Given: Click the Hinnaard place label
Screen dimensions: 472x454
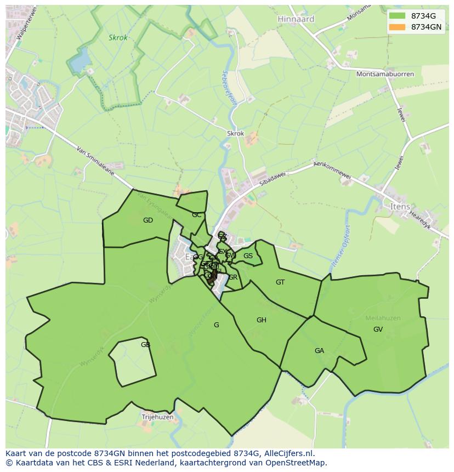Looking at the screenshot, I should (296, 19).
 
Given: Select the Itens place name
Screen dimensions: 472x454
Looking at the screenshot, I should (400, 206).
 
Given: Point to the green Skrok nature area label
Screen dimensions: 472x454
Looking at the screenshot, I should (118, 38).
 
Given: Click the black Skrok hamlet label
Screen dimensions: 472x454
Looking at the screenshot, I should (235, 133).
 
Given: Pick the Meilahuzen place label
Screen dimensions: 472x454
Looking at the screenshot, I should (383, 318).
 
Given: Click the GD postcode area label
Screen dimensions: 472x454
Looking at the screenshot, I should (148, 220).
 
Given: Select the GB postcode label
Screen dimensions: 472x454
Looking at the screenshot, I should (145, 345).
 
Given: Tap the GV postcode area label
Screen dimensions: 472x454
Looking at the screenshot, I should (378, 329).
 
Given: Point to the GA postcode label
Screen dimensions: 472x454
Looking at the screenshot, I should (319, 351).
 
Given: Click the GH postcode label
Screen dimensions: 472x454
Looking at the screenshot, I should (261, 320).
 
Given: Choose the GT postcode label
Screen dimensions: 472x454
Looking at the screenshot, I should (280, 282).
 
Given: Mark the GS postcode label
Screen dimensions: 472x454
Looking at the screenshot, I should (248, 256).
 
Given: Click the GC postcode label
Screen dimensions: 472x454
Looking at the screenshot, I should (197, 215).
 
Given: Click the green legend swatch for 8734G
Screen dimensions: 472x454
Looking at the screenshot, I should (397, 16).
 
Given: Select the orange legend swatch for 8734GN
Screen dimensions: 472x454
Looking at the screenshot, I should (397, 27).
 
